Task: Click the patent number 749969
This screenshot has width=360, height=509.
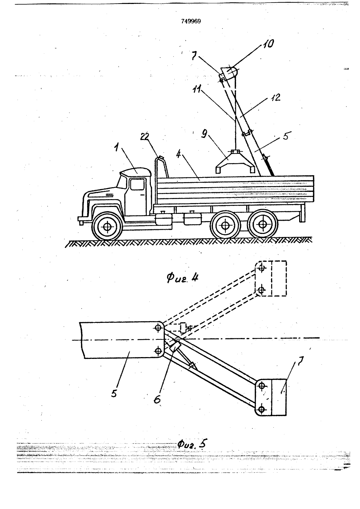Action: pos(191,21)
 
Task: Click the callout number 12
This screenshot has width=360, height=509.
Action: pos(275,98)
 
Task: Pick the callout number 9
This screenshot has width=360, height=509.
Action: pos(204,135)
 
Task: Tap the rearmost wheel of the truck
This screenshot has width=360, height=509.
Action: pos(263,224)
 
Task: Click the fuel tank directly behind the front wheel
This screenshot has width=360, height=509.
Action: pos(163,219)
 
